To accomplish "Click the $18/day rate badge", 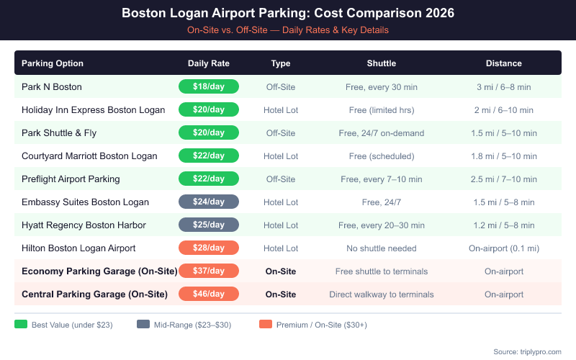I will (209, 87).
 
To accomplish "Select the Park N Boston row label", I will (52, 87).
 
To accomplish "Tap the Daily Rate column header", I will (209, 63).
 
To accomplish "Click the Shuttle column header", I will (382, 63).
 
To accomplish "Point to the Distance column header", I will (504, 63).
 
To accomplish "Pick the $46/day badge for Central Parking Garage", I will (209, 294).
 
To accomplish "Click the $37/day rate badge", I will (209, 271).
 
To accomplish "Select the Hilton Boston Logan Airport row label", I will (78, 248).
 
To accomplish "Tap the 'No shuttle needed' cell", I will (382, 248).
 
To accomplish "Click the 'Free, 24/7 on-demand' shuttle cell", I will (382, 133).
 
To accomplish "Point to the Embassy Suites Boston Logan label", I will (85, 202).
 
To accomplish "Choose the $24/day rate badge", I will (209, 202).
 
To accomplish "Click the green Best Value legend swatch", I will (21, 325).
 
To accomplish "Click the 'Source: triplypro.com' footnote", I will (527, 351).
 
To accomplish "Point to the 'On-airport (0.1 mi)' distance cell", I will (504, 248).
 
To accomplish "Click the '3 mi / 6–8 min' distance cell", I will (504, 87).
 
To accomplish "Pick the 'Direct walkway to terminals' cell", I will (382, 294).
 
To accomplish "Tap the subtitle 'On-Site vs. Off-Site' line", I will (288, 30).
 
